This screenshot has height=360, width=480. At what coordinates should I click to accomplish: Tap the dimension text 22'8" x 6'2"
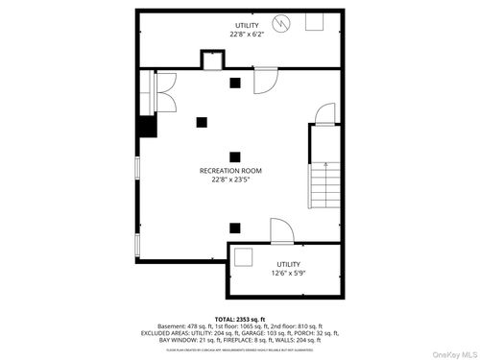247,34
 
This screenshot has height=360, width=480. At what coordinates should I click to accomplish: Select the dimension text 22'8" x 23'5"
229,180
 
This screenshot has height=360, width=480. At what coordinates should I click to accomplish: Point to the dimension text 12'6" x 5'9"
289,273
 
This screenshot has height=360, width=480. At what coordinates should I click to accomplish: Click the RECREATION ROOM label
229,170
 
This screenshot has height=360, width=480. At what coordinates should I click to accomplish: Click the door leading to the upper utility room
265,83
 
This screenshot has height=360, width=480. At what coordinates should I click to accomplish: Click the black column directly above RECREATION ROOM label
234,156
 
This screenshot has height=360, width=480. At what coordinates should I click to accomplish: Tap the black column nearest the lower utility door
234,228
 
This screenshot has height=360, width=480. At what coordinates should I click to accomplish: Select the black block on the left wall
147,128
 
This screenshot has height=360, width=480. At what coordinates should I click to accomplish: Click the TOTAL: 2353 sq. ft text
240,318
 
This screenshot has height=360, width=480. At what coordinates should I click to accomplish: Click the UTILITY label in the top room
247,24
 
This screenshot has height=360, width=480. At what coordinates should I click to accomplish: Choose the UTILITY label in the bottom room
289,263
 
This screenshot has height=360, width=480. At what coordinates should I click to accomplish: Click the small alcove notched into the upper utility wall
212,60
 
